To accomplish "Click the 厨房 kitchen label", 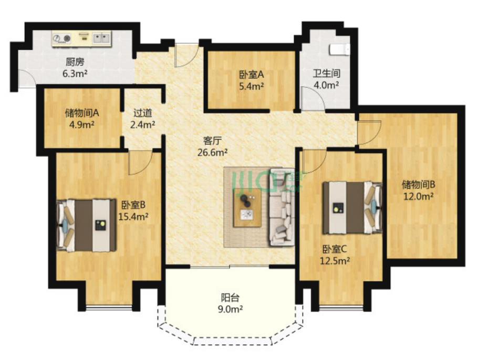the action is (75, 62).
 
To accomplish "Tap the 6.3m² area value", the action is (75, 74).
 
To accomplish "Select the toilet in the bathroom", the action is (339, 50).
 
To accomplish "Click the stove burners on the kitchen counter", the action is (61, 38).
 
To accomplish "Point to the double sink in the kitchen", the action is (101, 38).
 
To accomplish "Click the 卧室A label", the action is (251, 74).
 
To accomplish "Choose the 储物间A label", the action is (82, 113).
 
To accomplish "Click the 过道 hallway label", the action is (143, 113).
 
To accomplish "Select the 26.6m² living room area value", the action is (212, 153).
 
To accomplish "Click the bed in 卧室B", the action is (87, 225).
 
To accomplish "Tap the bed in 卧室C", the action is (352, 208).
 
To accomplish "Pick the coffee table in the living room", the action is (247, 208).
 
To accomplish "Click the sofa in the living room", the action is (282, 207).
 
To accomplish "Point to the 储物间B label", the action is (418, 185).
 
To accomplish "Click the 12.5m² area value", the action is (335, 261).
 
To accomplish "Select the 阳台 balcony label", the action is (230, 297).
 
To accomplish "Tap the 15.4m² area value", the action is (133, 217).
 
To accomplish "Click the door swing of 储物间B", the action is (369, 132).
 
